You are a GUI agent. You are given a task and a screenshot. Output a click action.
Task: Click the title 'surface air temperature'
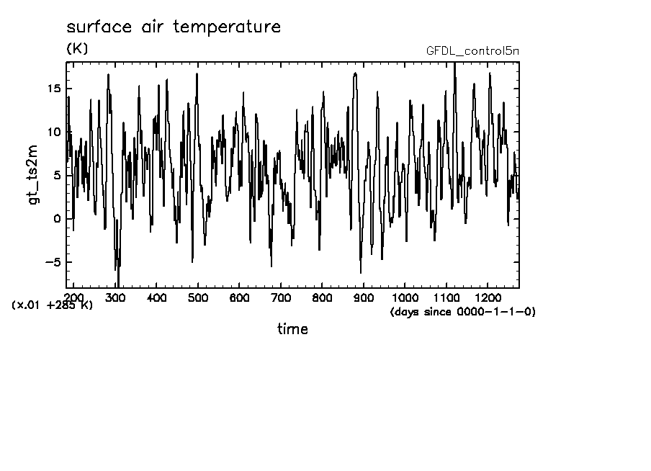coord(173,27)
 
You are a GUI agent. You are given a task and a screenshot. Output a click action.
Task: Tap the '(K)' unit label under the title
coord(76,49)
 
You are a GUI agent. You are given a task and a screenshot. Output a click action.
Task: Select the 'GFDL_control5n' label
coord(472,51)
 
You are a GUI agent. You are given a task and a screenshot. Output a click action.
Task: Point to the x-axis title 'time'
coord(293,329)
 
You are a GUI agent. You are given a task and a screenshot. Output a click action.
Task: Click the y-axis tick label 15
coord(53,89)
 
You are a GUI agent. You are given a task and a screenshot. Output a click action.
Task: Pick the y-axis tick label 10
coord(53,132)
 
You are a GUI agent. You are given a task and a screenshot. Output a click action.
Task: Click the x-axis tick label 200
coord(74,297)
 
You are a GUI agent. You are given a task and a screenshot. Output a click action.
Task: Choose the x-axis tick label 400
coord(157,297)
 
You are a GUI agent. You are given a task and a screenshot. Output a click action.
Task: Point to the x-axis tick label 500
coord(198,297)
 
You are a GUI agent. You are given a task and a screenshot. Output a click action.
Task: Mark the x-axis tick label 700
coord(281,297)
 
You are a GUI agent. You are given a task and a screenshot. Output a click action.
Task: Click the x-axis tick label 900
coord(364,297)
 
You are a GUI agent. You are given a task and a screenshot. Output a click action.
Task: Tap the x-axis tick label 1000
coord(405,297)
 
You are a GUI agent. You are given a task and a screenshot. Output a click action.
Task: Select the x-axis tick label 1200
coord(488,297)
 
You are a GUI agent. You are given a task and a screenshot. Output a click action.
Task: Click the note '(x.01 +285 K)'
coord(53,305)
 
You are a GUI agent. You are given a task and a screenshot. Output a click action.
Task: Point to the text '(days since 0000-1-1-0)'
coord(463,312)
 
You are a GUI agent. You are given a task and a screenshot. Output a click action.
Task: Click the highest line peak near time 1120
coord(454,63)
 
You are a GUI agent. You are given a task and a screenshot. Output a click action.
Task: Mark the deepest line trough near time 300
coord(118,286)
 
